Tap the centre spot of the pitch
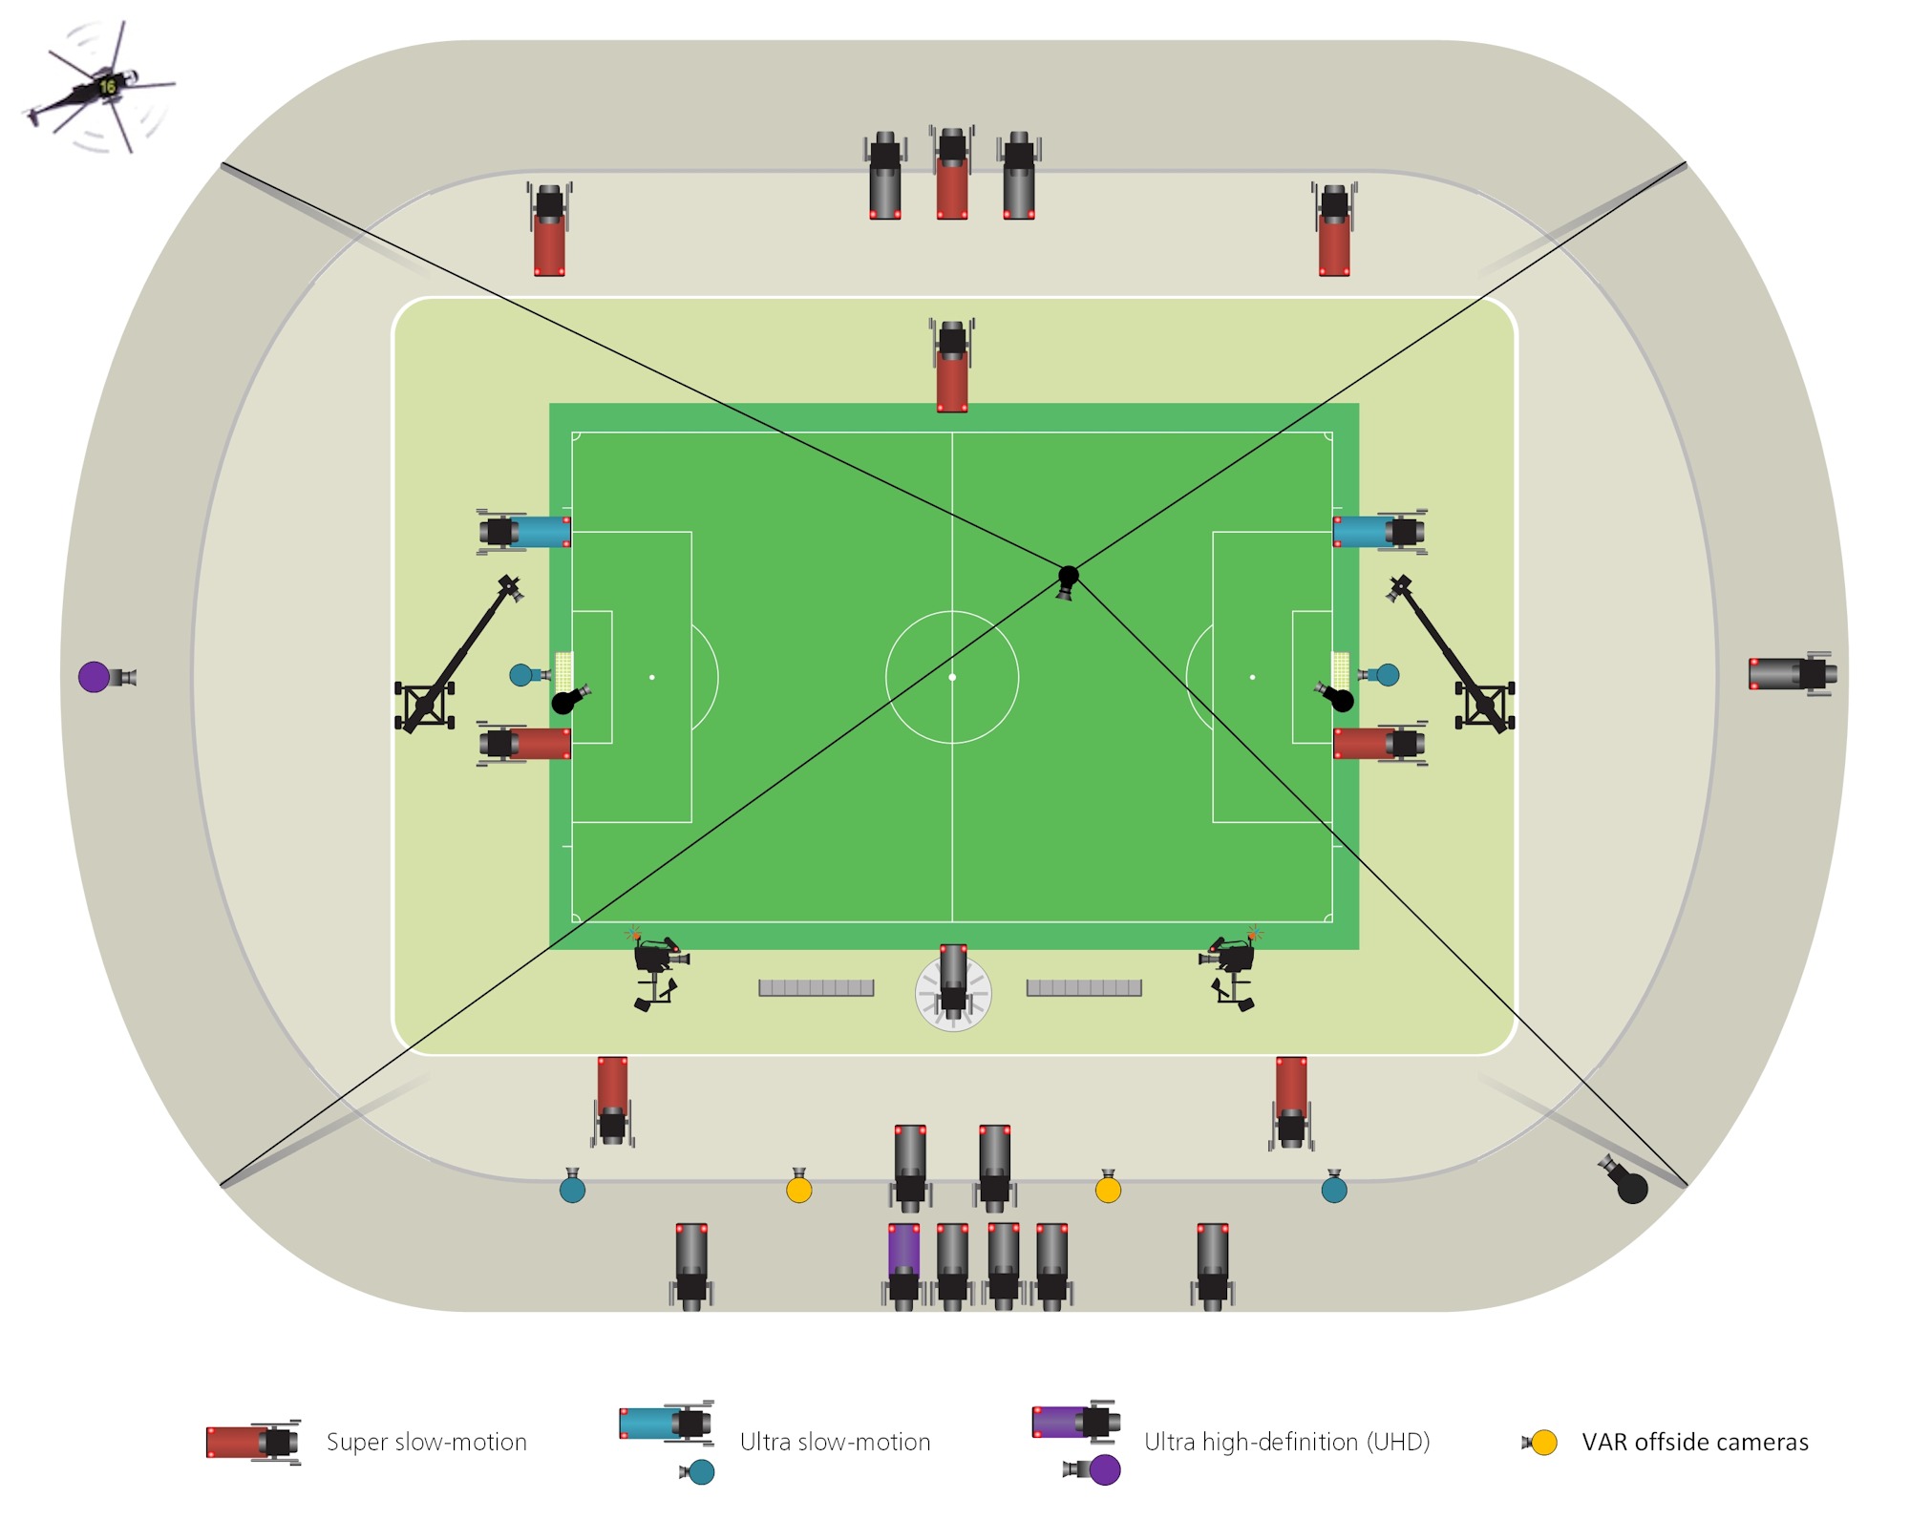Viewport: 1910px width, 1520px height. click(x=952, y=677)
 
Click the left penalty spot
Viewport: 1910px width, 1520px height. click(x=652, y=677)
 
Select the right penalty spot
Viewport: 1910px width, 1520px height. click(x=1252, y=677)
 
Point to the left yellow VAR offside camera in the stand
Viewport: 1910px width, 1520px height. click(x=799, y=1188)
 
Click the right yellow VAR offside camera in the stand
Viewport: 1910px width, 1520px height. click(x=1108, y=1188)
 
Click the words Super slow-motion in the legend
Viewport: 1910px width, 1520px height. click(x=426, y=1442)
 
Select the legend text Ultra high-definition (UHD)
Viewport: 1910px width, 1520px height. click(x=1286, y=1442)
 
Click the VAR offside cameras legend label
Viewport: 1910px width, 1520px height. click(x=1694, y=1442)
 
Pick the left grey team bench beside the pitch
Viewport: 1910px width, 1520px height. click(x=817, y=988)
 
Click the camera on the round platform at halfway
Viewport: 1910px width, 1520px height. click(x=953, y=983)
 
